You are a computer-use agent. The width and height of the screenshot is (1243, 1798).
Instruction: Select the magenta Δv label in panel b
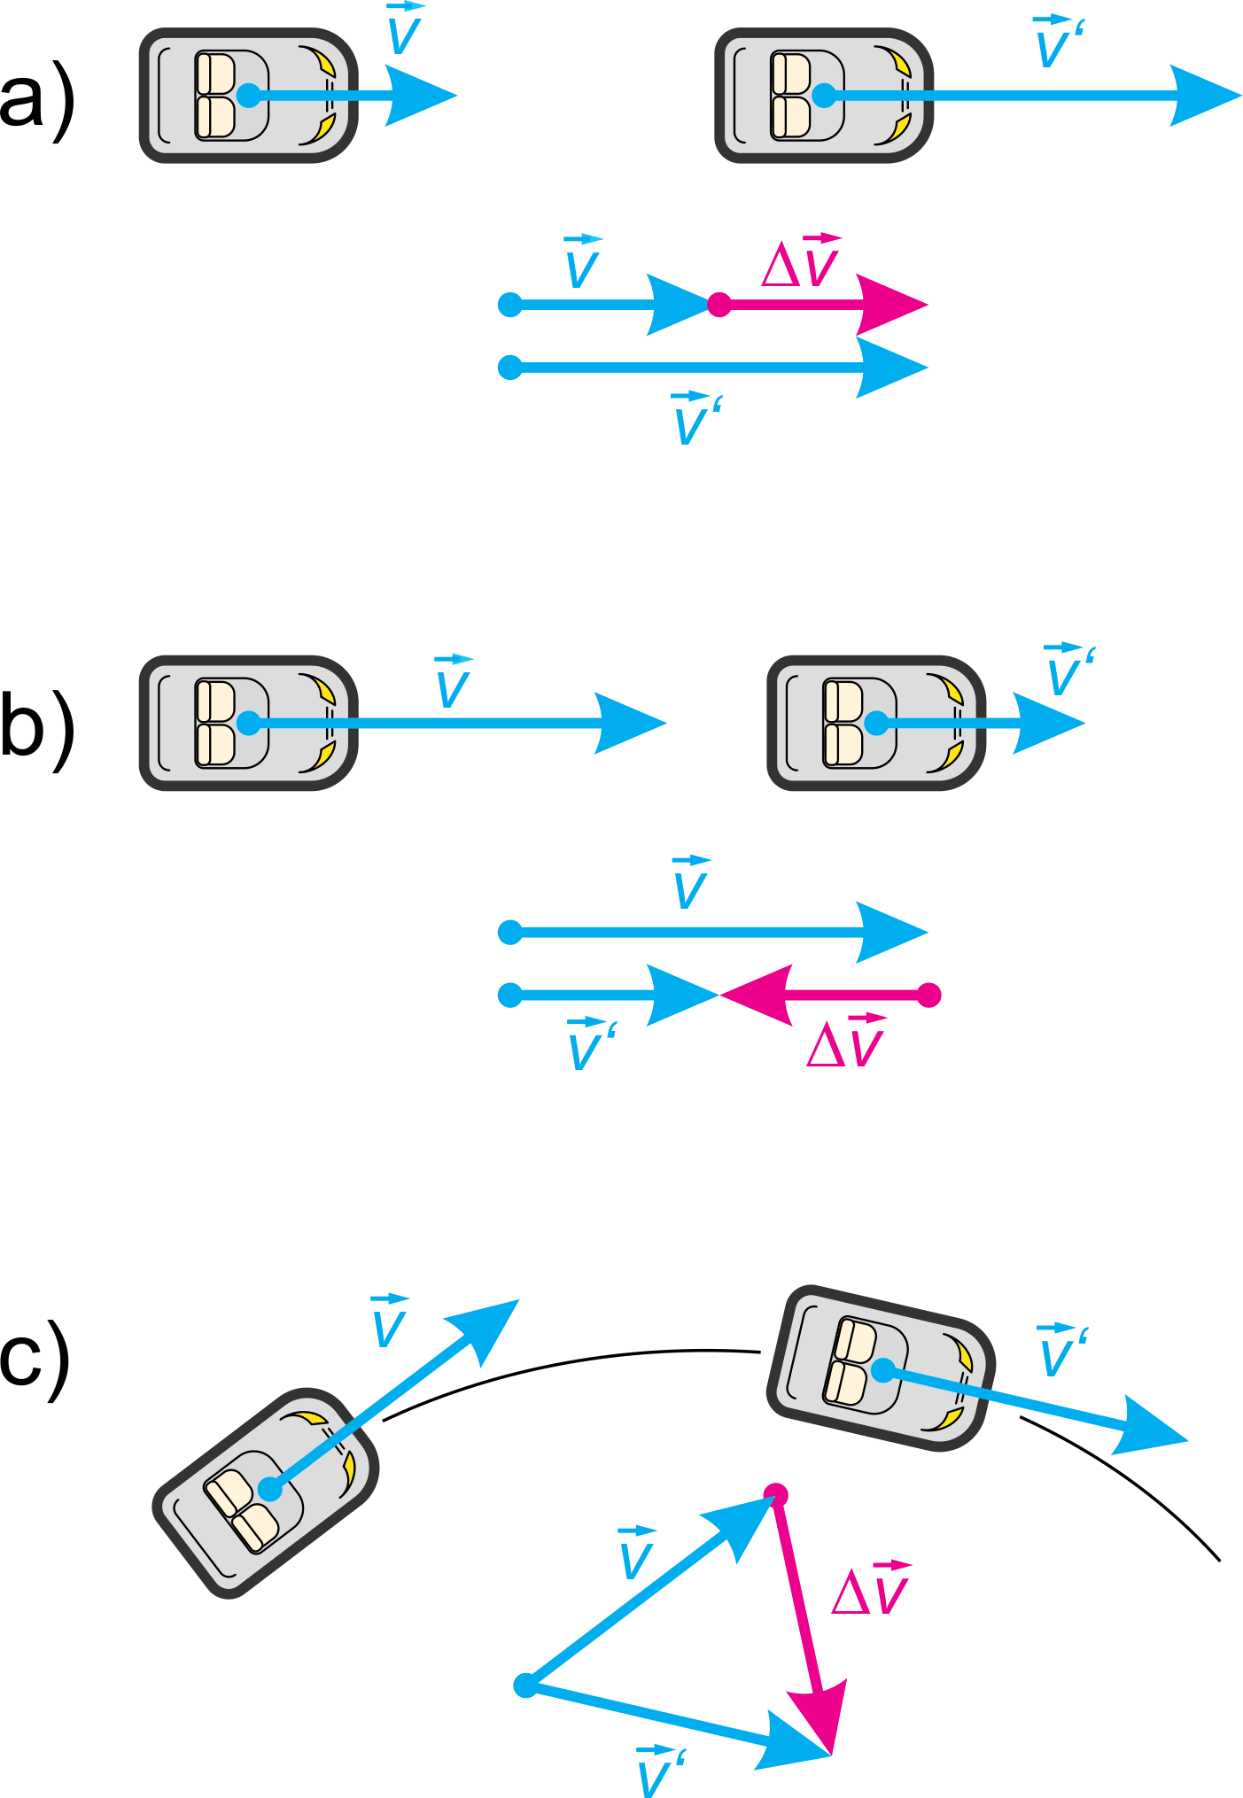coord(847,1043)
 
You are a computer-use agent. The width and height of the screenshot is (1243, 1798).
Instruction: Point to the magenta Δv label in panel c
coord(872,1591)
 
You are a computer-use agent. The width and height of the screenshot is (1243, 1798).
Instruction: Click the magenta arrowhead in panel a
coord(890,306)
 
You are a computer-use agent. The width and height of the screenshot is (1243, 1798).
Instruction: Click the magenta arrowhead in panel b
coord(757,996)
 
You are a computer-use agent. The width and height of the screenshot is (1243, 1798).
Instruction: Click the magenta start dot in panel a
coord(719,306)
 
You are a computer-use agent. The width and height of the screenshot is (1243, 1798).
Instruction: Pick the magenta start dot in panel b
coord(928,996)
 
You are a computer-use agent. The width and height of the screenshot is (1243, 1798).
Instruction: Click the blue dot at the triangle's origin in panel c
coord(525,1685)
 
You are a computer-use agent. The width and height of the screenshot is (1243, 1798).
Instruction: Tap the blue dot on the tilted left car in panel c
coord(270,1490)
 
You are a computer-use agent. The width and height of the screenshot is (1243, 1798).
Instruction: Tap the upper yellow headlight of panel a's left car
coord(325,64)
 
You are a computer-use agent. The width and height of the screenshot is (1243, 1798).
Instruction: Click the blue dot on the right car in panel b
coord(875,723)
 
